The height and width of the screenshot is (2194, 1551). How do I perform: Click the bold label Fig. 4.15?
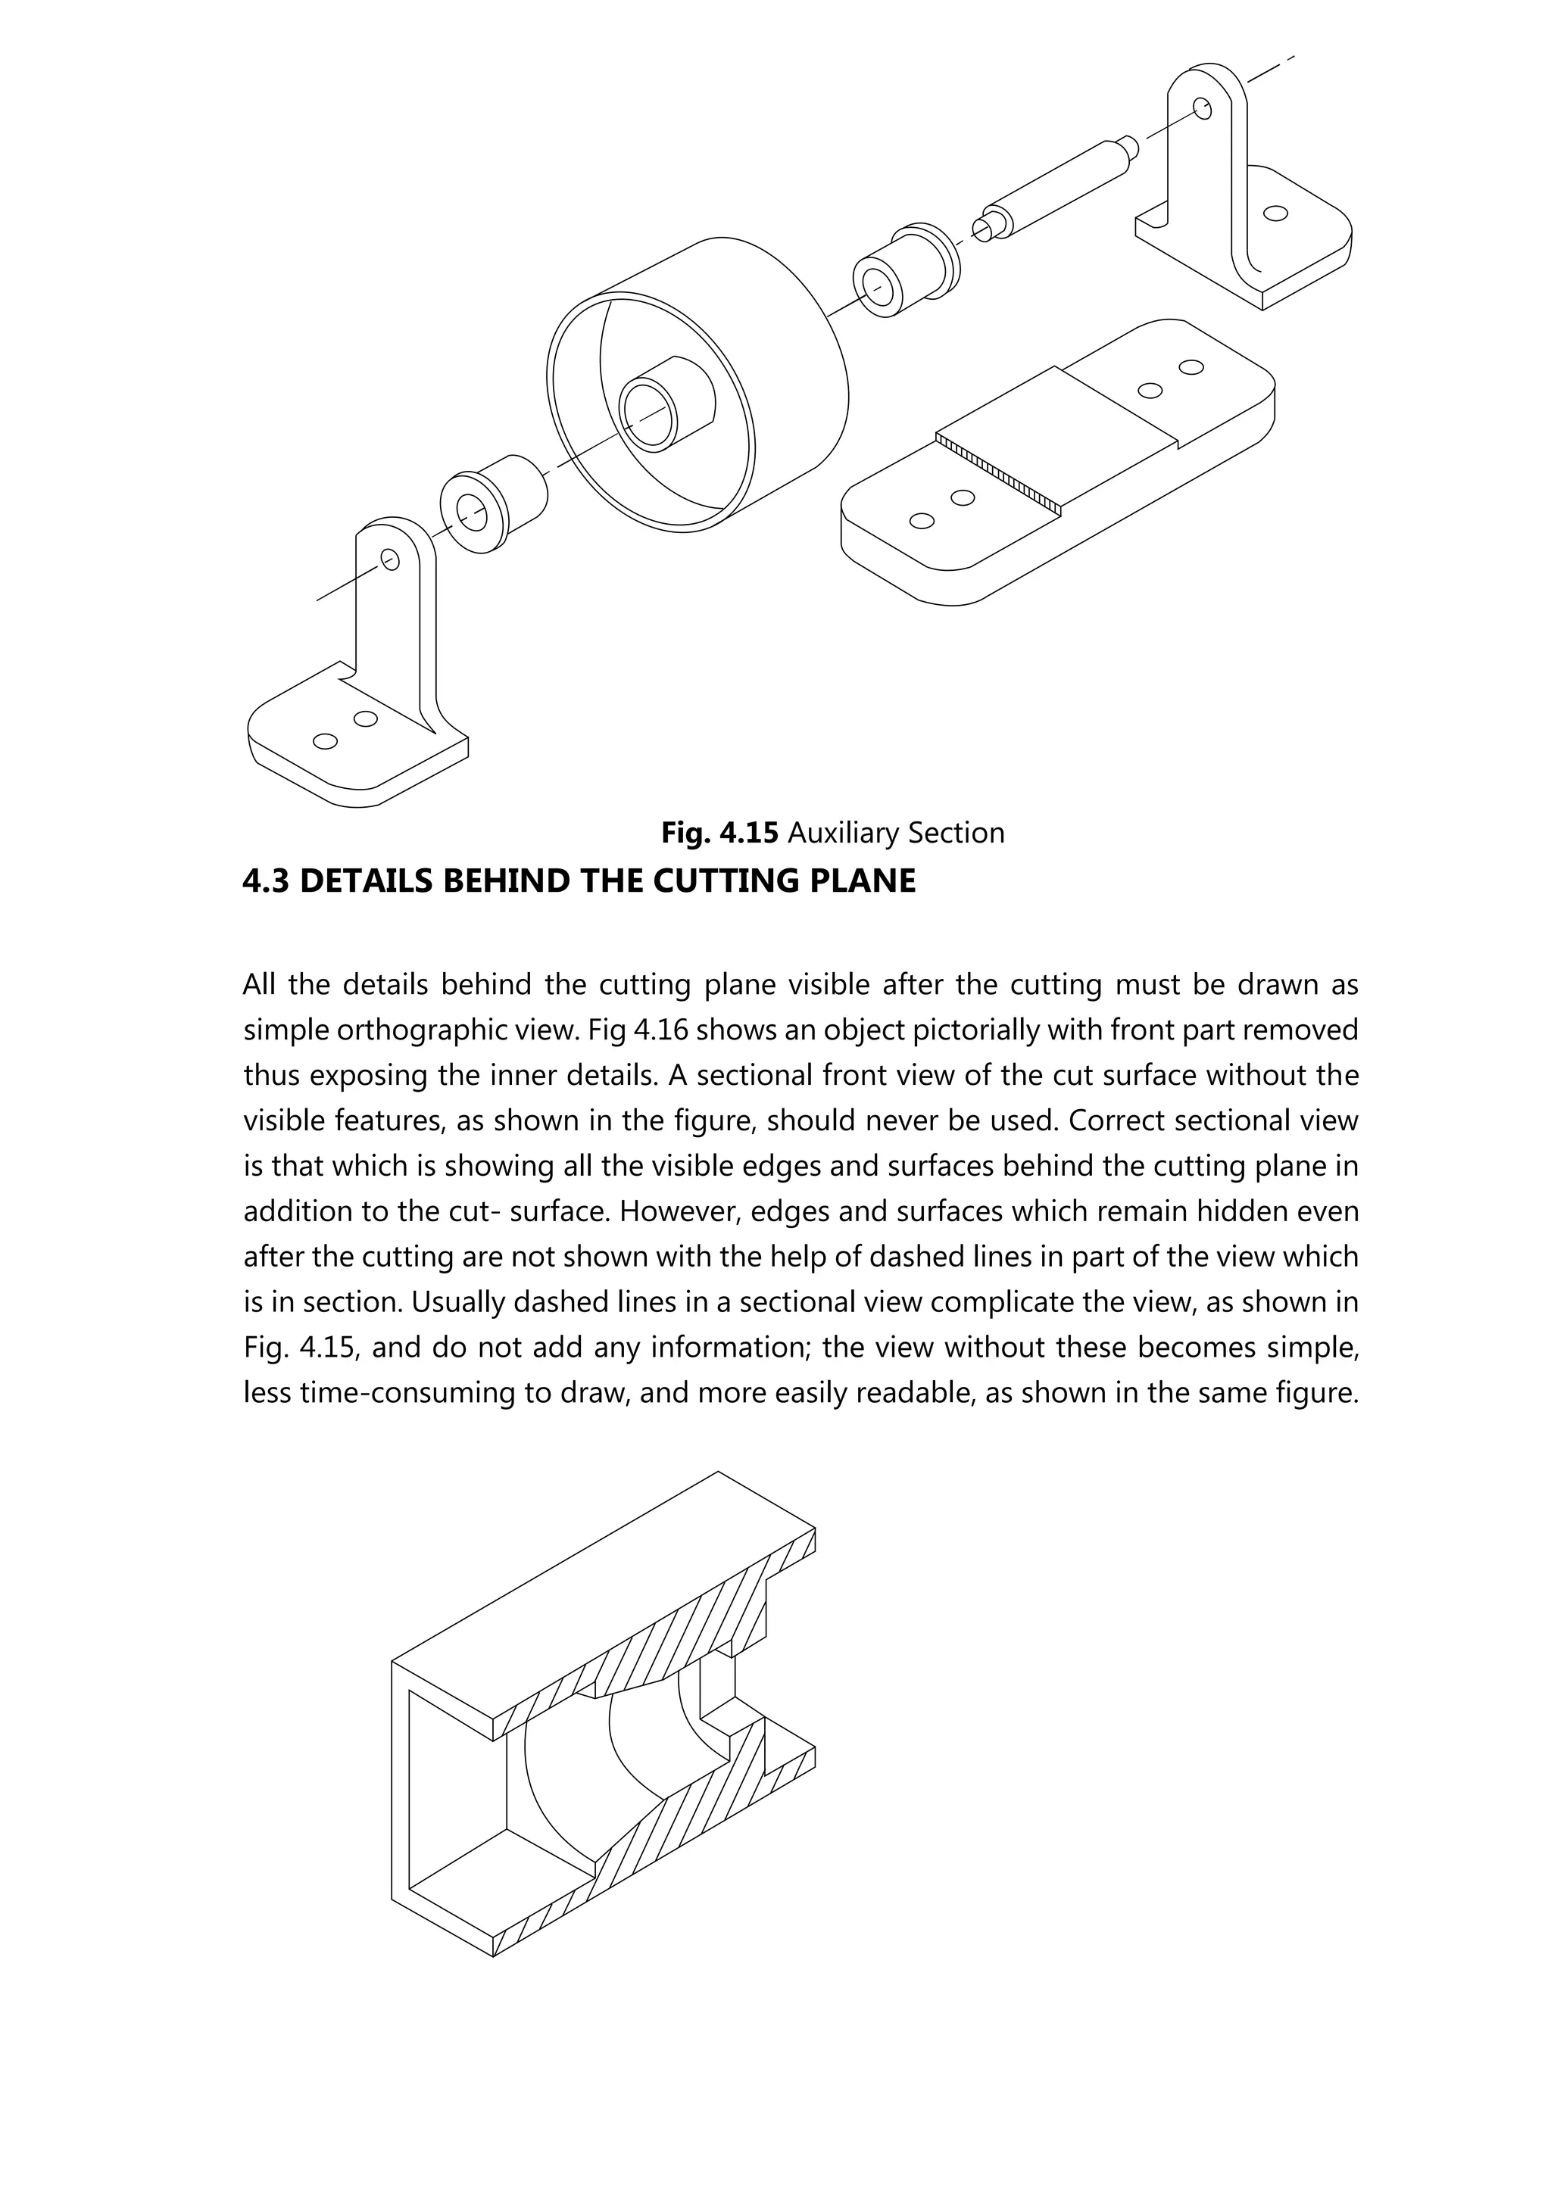pos(719,834)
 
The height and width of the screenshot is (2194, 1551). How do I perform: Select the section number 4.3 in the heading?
pos(267,880)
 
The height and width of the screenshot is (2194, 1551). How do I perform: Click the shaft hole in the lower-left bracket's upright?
pos(389,559)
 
